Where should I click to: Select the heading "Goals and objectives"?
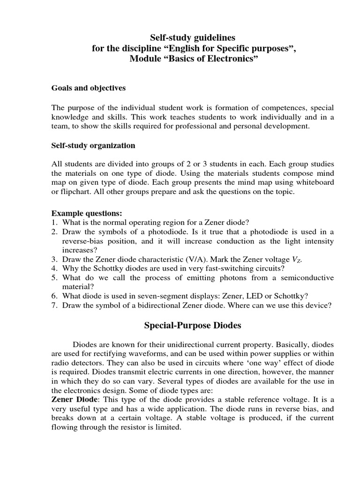tap(88, 88)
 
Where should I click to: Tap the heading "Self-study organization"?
tap(93, 145)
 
